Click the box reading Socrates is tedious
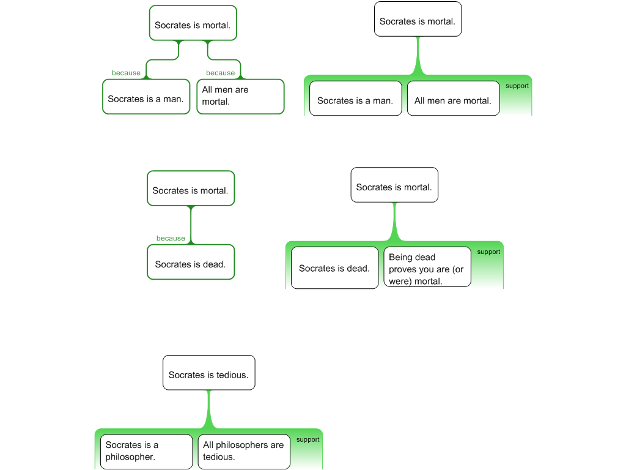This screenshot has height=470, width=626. (x=209, y=373)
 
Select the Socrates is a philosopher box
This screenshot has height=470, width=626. (x=147, y=452)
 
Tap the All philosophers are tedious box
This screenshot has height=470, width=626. (x=244, y=452)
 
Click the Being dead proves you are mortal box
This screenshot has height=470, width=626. (x=427, y=267)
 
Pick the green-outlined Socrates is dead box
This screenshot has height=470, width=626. (x=191, y=262)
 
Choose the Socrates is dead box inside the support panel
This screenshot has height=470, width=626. (x=334, y=268)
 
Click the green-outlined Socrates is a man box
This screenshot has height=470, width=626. (x=146, y=97)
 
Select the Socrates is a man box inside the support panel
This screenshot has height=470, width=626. (x=356, y=99)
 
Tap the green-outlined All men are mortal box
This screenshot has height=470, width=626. (x=240, y=97)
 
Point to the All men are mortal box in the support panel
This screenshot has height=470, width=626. (x=453, y=99)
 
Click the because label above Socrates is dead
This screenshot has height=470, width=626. (x=171, y=238)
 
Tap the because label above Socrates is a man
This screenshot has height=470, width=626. (x=126, y=73)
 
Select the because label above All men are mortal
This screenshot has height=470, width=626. (x=220, y=73)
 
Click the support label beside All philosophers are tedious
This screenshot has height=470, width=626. (x=308, y=439)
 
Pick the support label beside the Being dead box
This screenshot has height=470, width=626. (x=488, y=252)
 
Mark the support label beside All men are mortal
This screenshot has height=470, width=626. (x=517, y=86)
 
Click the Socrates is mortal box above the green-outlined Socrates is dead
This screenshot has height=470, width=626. (x=191, y=188)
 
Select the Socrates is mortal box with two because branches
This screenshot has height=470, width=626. (x=193, y=23)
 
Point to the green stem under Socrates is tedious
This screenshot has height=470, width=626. (x=209, y=409)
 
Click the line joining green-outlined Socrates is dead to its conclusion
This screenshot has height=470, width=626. (x=191, y=225)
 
